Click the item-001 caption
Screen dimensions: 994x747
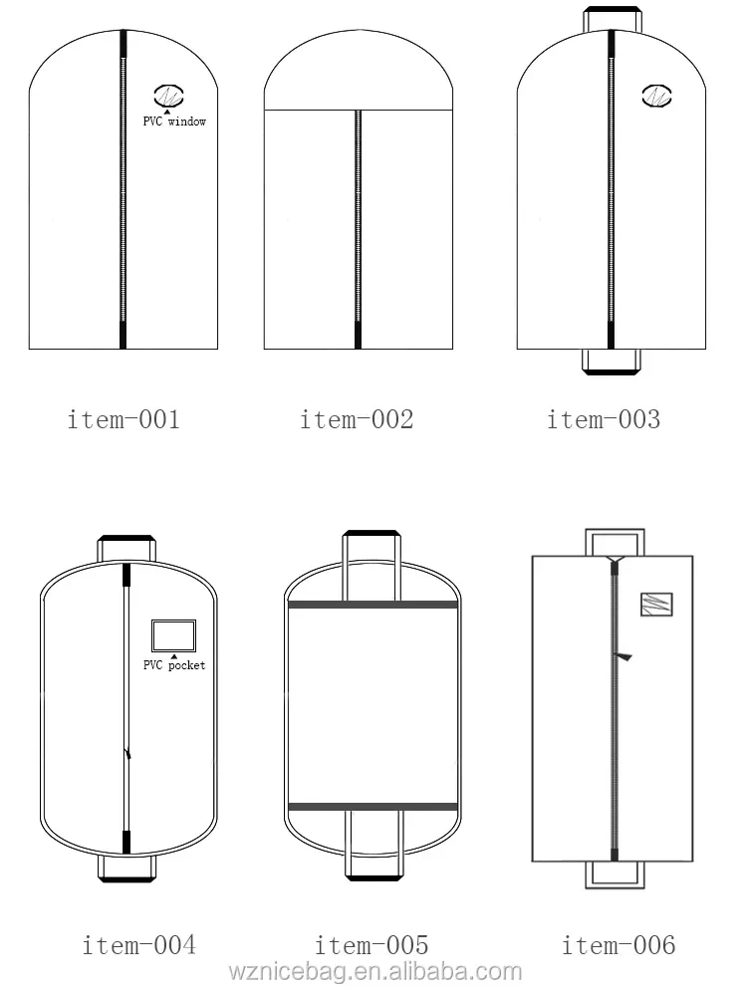coord(124,419)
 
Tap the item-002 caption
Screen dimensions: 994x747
coord(357,419)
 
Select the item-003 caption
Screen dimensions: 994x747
coord(604,419)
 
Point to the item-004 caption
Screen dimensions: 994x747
coord(138,944)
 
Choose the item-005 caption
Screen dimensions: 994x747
coord(372,944)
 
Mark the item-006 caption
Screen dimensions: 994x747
coord(619,944)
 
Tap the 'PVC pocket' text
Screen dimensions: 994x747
coord(174,664)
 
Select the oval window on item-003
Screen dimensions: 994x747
coord(657,97)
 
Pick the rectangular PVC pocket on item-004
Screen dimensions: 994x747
coord(173,634)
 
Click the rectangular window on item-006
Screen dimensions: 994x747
coord(656,605)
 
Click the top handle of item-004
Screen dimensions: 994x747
coord(126,547)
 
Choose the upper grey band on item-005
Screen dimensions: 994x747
coord(372,606)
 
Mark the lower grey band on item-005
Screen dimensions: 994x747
coord(372,805)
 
